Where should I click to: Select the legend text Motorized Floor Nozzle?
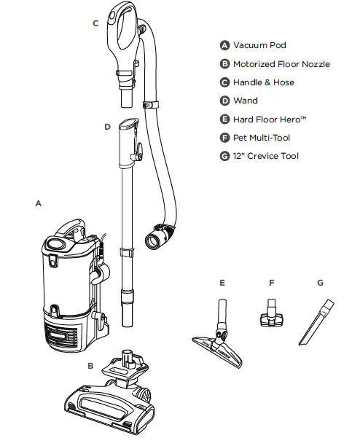(281, 64)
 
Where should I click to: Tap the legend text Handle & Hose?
(263, 82)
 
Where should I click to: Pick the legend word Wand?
(245, 101)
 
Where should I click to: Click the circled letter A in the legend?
(224, 45)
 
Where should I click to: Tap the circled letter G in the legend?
(224, 155)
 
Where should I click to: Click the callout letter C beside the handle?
(95, 23)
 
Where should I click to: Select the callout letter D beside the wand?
(106, 126)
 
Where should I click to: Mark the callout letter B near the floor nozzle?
(90, 365)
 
